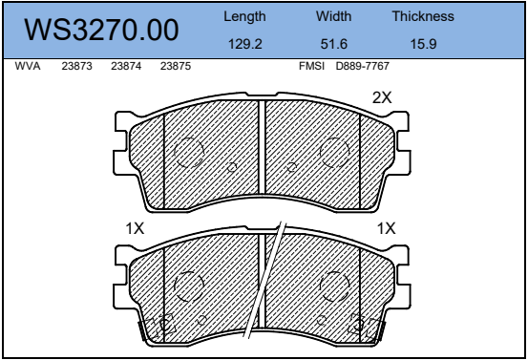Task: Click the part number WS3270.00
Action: coord(101,30)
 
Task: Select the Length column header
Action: coord(244,16)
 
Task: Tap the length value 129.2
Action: coord(245,44)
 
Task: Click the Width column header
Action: coord(334,16)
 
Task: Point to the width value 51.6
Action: coord(334,44)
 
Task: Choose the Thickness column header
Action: coord(423,16)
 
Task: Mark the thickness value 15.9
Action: coord(423,44)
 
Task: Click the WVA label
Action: coord(28,66)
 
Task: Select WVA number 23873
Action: coord(76,66)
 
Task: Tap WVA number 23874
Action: coord(126,66)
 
